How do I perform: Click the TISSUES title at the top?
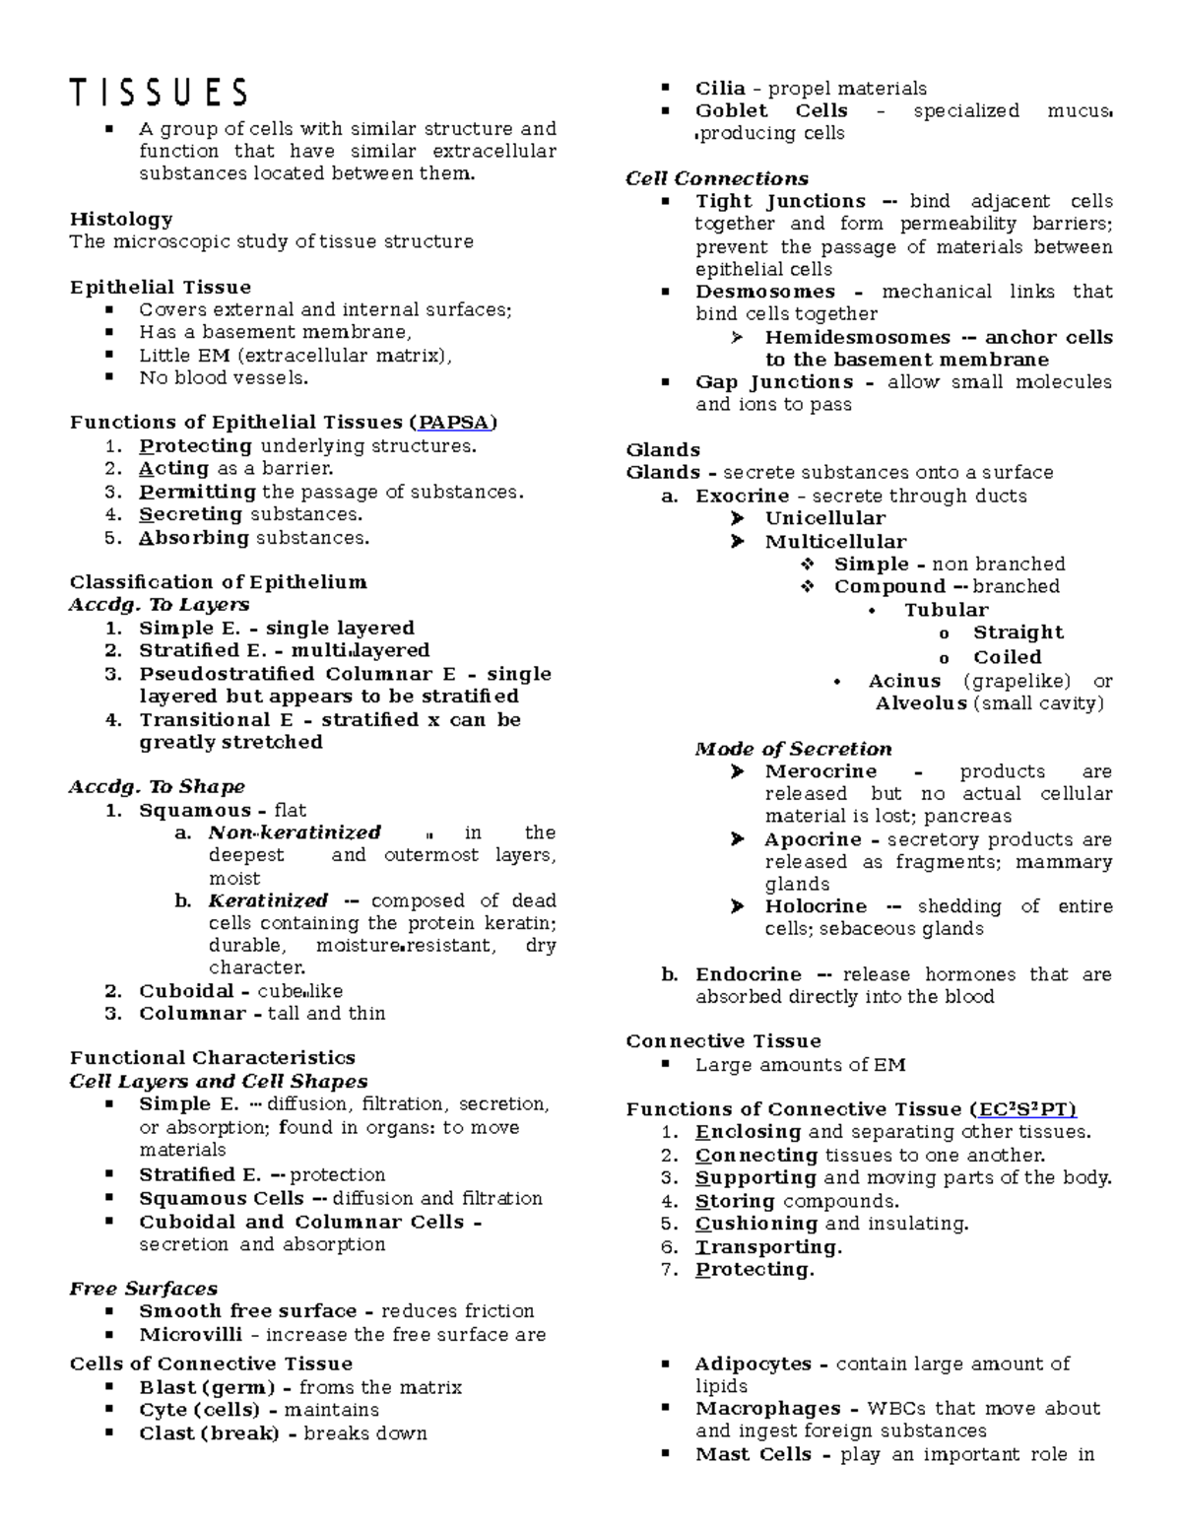click(159, 93)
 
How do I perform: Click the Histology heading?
click(121, 219)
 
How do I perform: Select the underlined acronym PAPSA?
click(453, 423)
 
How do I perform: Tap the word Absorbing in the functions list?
click(194, 538)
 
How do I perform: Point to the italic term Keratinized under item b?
click(268, 900)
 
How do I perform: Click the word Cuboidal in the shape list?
click(186, 991)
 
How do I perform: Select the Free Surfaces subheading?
click(144, 1289)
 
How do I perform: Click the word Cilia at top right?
click(720, 89)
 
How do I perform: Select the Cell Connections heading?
click(717, 178)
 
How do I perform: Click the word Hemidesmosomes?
click(857, 337)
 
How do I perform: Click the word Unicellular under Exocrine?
click(825, 518)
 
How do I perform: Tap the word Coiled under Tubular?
click(1007, 657)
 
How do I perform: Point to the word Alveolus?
click(921, 703)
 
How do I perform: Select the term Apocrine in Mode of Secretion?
click(813, 839)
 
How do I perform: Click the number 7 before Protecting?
click(670, 1270)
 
